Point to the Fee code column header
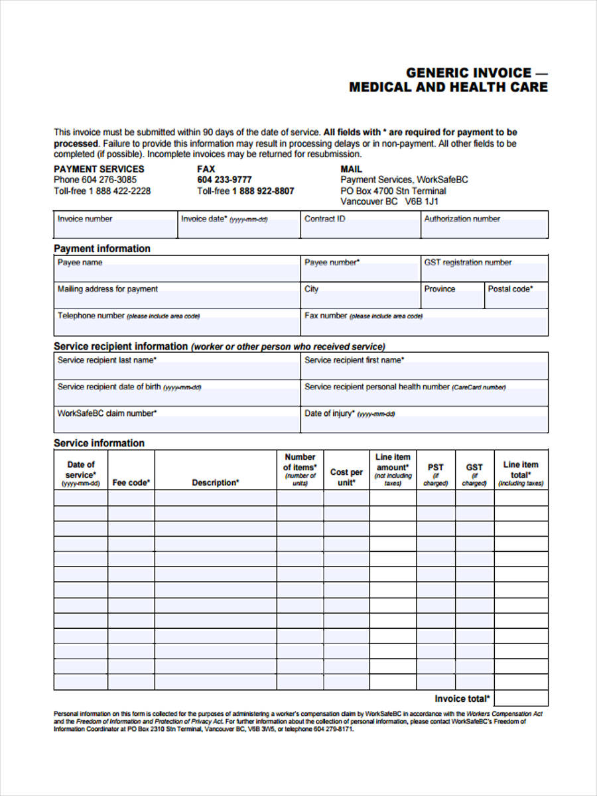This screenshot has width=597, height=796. click(131, 483)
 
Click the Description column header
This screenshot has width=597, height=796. click(216, 483)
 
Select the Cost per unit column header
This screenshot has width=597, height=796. click(346, 477)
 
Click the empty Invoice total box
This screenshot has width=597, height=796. click(521, 698)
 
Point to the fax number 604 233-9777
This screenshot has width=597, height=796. click(224, 180)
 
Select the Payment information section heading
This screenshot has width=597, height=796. click(102, 249)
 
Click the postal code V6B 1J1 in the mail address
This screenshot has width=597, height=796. click(423, 202)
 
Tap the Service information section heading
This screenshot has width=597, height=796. click(99, 443)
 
